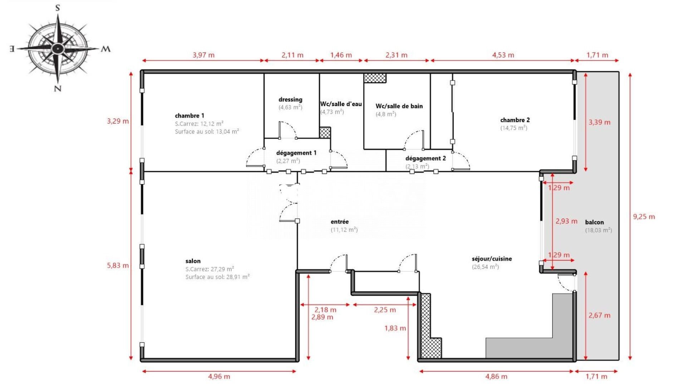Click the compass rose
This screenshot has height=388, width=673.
pos(58,48)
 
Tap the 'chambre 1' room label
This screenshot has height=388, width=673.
pos(189,116)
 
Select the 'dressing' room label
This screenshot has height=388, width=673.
pos(290,100)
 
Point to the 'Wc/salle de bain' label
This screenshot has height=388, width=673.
pos(399,106)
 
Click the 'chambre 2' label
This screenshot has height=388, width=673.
pos(515,120)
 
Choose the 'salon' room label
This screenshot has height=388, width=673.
pos(193,261)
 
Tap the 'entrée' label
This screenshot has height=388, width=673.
pos(339,222)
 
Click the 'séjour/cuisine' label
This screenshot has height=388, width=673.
pos(492,258)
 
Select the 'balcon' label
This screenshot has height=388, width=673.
pos(594,222)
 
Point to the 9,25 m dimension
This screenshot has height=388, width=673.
pos(644,217)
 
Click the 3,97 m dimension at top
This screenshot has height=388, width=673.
pos(203,55)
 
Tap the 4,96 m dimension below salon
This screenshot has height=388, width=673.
pos(219,376)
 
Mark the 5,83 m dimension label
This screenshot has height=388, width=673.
pos(118,265)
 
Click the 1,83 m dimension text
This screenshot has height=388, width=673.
pos(395,328)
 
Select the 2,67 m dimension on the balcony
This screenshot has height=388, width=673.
pos(599,315)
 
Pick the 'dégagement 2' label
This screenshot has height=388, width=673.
pos(426,158)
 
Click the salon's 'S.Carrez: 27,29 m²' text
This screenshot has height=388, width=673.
pos(210,269)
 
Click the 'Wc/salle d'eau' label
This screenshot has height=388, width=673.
pos(341,104)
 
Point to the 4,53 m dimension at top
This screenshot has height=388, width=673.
pos(503,55)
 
